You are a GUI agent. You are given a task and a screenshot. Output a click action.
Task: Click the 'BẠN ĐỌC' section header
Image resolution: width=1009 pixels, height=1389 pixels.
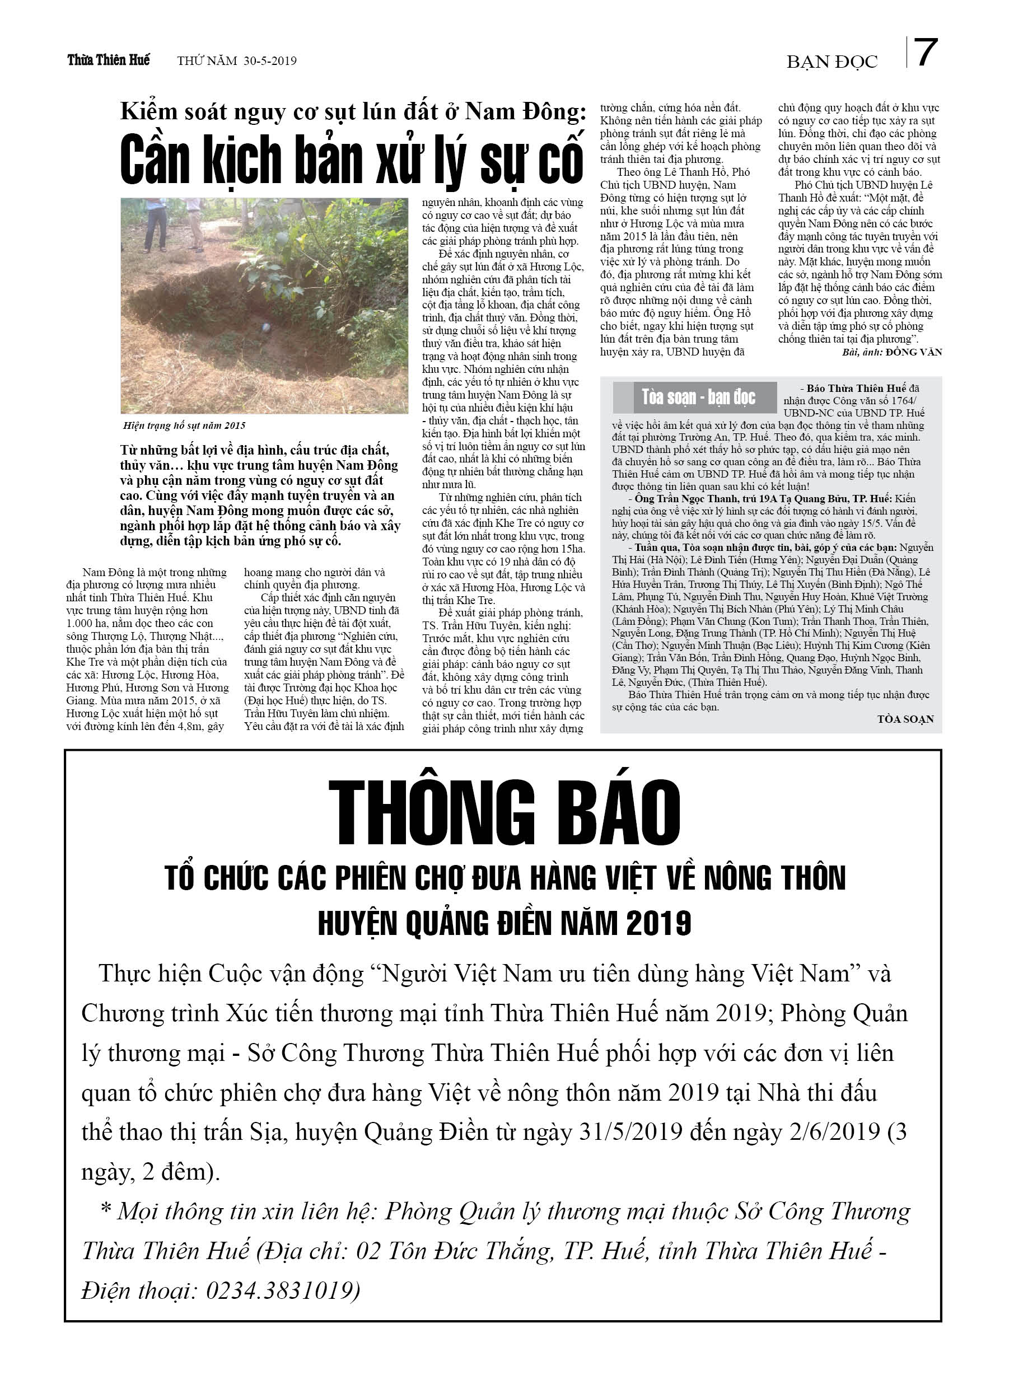(x=832, y=62)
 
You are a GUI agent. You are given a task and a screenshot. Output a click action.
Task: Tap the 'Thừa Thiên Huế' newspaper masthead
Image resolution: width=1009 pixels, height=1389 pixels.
(x=109, y=60)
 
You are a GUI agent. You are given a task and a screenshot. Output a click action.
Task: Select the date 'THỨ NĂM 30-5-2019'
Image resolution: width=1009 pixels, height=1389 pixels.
(x=236, y=60)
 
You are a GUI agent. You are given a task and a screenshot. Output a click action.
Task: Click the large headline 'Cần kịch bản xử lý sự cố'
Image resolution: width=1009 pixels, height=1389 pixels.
(x=351, y=160)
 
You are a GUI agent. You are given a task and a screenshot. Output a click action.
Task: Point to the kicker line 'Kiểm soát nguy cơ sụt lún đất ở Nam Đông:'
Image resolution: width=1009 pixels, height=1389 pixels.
(x=353, y=111)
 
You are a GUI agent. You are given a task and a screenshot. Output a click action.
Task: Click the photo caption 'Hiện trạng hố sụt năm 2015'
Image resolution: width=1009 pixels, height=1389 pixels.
(x=184, y=425)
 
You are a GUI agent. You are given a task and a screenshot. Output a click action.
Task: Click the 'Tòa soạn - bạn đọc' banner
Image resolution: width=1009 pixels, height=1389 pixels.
(x=698, y=397)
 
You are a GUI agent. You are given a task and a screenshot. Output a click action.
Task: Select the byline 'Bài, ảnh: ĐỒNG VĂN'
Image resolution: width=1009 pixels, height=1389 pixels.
(x=891, y=352)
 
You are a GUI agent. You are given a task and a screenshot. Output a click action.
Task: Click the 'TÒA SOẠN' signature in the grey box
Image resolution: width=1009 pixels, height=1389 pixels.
(x=905, y=719)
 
